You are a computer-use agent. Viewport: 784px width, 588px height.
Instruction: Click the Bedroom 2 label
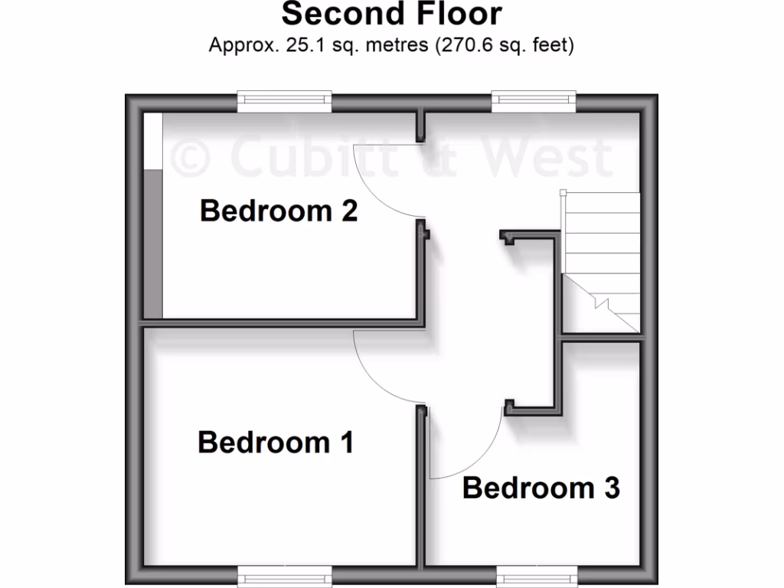pyautogui.click(x=279, y=211)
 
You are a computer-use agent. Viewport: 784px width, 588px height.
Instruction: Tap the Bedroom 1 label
pyautogui.click(x=276, y=442)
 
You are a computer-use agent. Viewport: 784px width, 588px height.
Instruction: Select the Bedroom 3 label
pyautogui.click(x=541, y=488)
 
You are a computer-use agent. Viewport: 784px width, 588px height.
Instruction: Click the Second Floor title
pyautogui.click(x=391, y=14)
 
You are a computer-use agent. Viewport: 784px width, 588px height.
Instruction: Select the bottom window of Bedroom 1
pyautogui.click(x=284, y=576)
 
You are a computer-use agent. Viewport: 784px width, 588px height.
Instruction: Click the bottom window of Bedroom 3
pyautogui.click(x=534, y=576)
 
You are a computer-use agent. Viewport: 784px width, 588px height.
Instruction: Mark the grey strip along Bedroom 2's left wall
pyautogui.click(x=153, y=243)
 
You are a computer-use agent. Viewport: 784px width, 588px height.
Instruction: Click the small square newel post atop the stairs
pyautogui.click(x=563, y=193)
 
